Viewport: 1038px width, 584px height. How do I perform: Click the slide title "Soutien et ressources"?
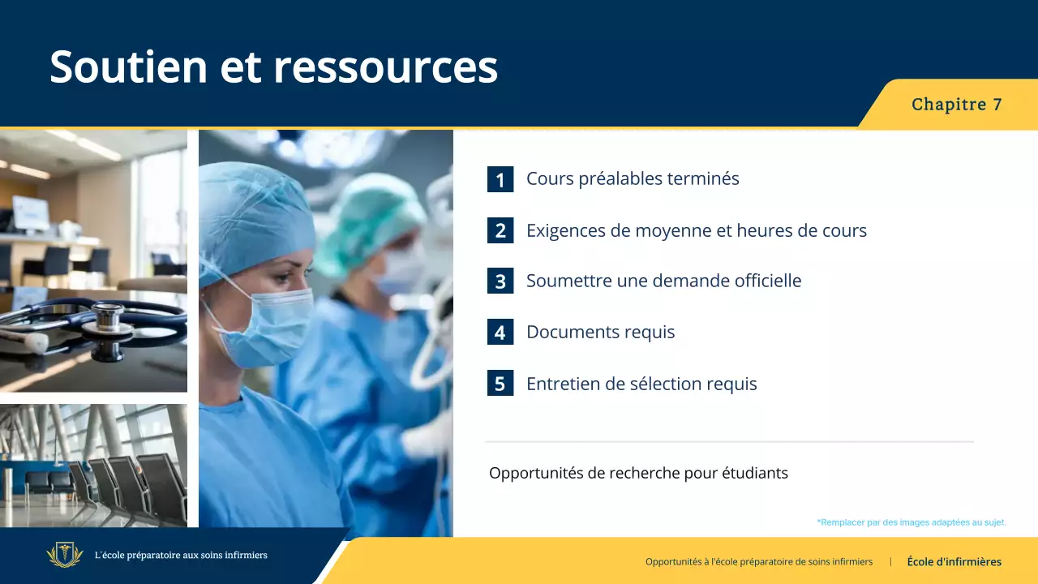(x=273, y=67)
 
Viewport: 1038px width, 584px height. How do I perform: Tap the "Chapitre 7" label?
(x=956, y=105)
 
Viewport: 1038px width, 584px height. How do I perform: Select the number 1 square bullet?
(x=500, y=179)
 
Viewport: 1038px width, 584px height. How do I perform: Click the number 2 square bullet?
(x=500, y=230)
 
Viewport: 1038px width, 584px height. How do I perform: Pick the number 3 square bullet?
(x=500, y=281)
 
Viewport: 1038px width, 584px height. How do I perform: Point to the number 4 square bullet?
(x=500, y=333)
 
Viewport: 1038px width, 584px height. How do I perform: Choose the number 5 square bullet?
(x=500, y=384)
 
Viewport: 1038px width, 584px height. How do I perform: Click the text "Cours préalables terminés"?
(x=633, y=178)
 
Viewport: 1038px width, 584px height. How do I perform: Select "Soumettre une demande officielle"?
(x=663, y=281)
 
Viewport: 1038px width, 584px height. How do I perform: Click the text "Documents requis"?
(x=600, y=333)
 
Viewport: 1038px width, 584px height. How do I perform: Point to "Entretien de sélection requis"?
(x=641, y=384)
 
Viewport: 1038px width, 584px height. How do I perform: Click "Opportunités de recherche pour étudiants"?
(x=638, y=473)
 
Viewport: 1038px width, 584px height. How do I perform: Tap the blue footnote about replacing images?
(x=911, y=522)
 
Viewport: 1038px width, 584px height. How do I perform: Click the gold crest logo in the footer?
(x=65, y=556)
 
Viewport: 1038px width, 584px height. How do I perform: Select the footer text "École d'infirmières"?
(x=954, y=561)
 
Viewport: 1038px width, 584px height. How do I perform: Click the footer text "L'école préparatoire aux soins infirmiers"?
(x=181, y=556)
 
